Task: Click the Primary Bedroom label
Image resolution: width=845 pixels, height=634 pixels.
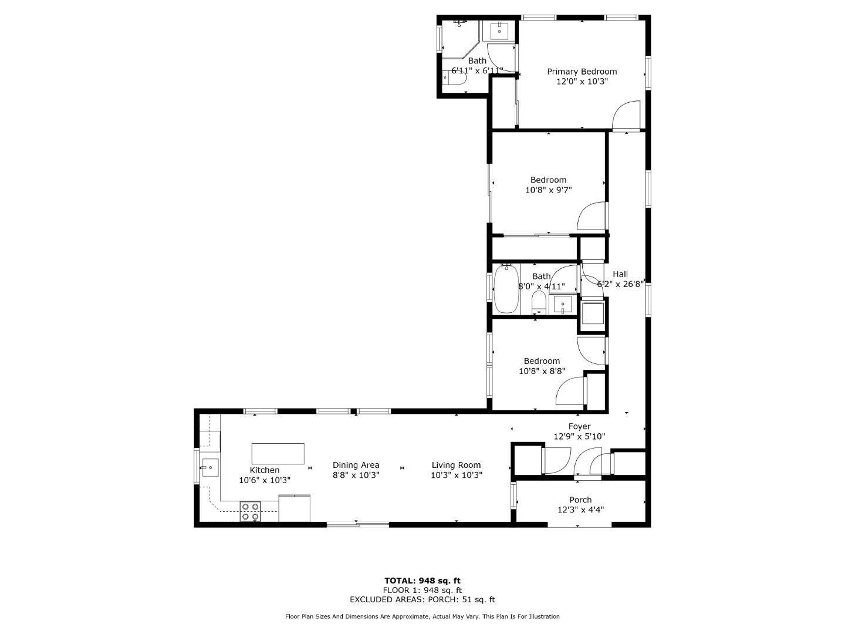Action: [x=582, y=72]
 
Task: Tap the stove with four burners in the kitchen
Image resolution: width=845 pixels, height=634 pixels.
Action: [x=251, y=511]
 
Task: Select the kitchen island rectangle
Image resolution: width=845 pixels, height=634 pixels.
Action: [x=278, y=454]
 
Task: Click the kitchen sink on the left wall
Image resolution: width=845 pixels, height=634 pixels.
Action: [x=210, y=468]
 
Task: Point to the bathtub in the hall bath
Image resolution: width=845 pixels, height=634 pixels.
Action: [x=506, y=289]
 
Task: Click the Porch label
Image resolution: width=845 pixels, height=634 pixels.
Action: [x=580, y=500]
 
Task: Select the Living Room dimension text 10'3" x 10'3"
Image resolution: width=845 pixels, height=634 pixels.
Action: [x=456, y=475]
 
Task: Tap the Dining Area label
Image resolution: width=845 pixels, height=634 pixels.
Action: [x=356, y=465]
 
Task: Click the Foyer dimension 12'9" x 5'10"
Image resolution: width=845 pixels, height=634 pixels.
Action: [x=579, y=436]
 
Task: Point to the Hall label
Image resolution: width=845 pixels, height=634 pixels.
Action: [x=620, y=274]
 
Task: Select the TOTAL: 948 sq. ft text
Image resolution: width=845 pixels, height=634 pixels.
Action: [x=422, y=581]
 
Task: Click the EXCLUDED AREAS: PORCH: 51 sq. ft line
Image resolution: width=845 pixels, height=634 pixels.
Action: [x=422, y=599]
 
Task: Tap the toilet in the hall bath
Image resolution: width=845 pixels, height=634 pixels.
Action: [x=539, y=303]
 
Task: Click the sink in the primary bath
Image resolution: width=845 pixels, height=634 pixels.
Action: [x=499, y=31]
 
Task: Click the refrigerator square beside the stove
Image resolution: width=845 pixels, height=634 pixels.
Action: [x=294, y=508]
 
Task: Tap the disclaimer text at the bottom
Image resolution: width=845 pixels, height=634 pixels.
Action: [x=422, y=616]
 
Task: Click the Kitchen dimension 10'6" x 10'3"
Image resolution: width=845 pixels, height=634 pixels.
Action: [x=265, y=480]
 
